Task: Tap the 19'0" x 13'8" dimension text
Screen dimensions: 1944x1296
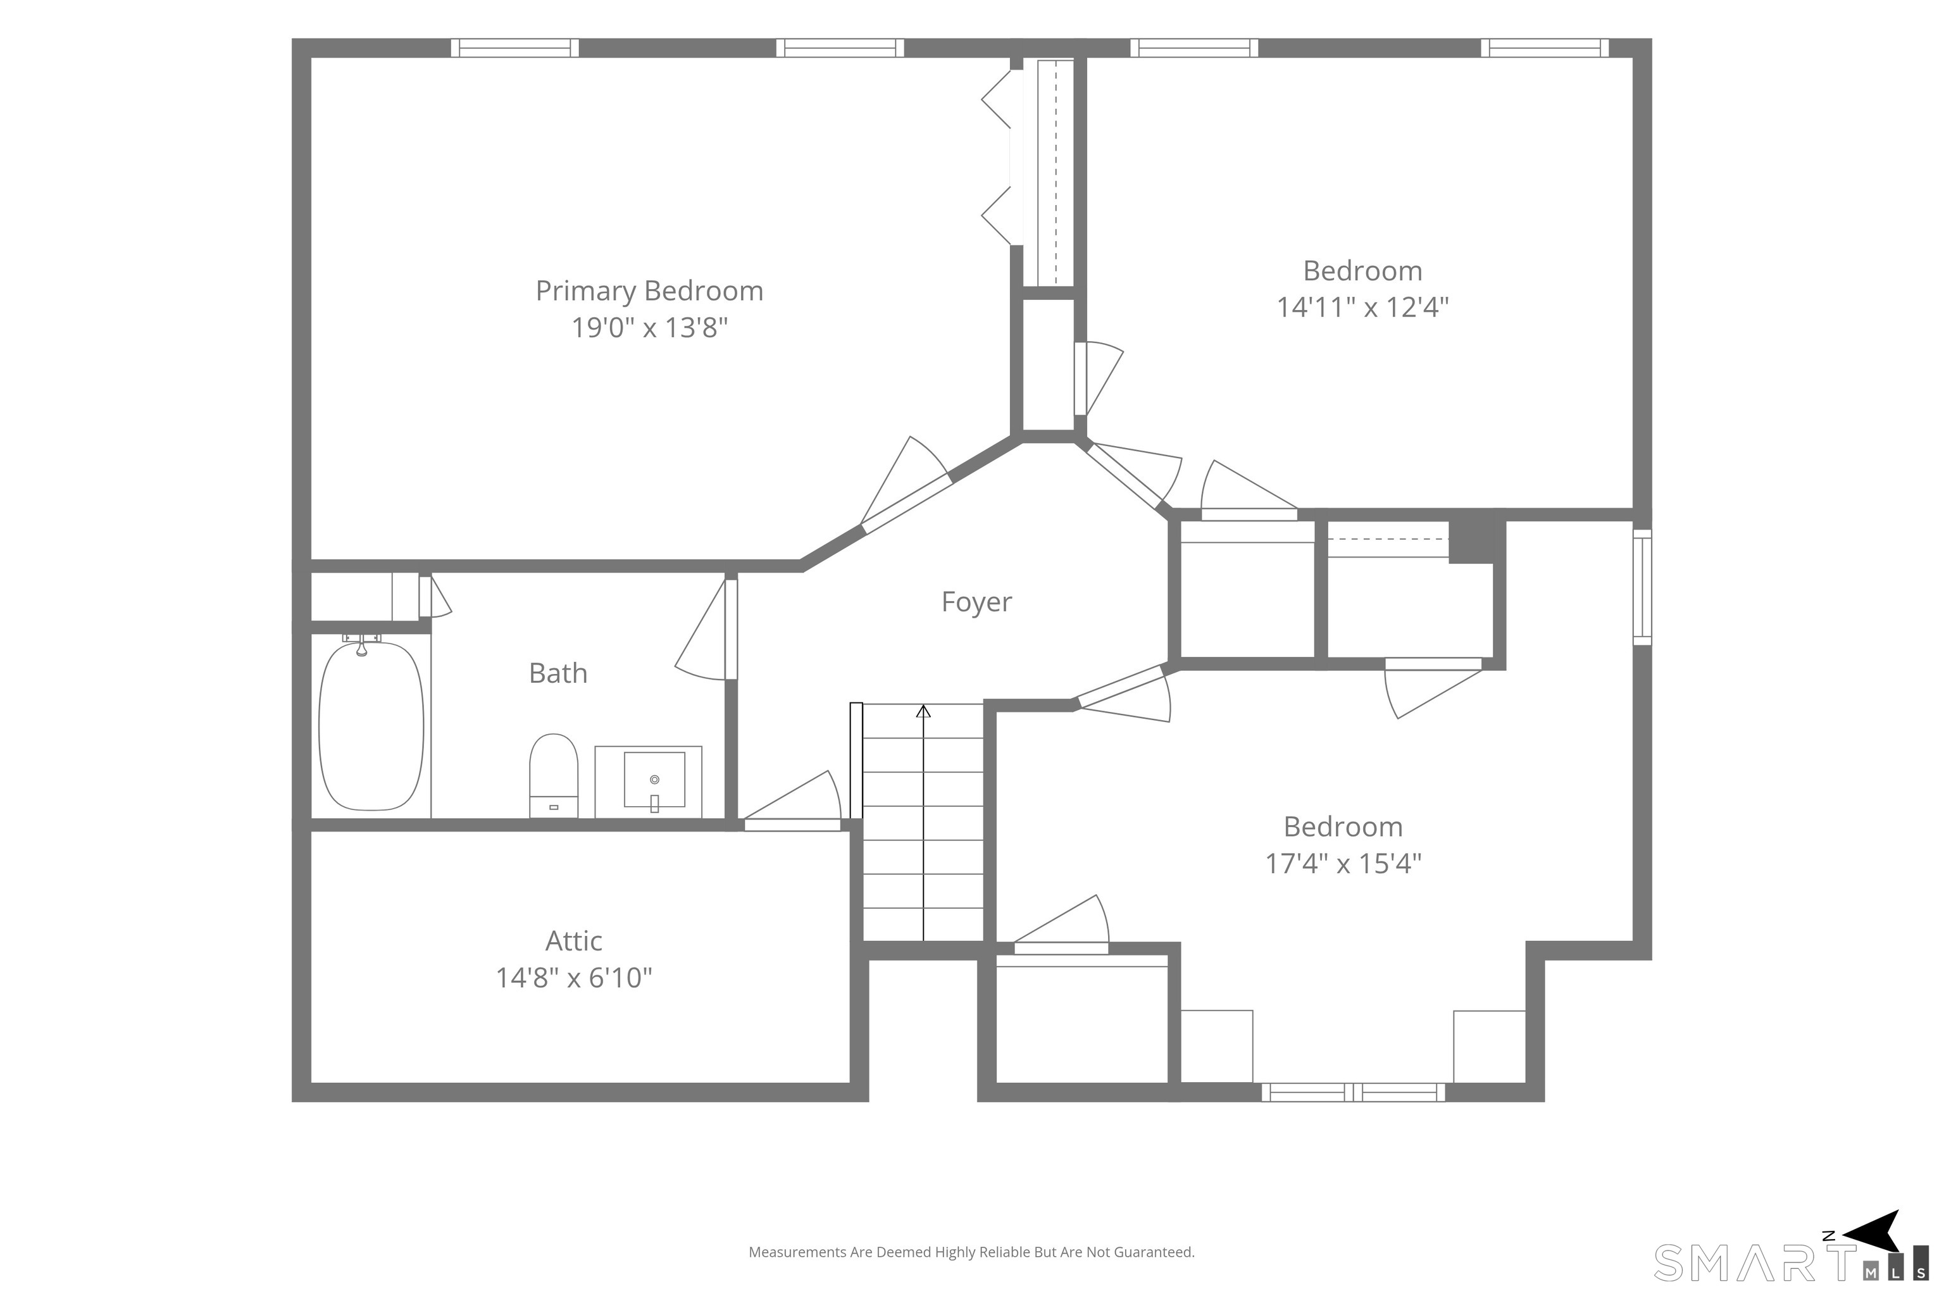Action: coord(650,328)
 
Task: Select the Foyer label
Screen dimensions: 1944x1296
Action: coord(976,602)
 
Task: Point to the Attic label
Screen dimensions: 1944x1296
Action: coord(573,940)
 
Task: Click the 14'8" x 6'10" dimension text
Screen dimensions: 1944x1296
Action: coord(573,978)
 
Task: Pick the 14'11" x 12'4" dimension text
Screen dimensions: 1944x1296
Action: coord(1363,308)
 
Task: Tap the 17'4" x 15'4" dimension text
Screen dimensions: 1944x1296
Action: coord(1343,864)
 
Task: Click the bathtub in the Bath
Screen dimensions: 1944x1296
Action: coord(371,726)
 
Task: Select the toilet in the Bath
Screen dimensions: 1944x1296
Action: coord(553,776)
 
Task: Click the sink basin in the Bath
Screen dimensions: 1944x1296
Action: coord(654,780)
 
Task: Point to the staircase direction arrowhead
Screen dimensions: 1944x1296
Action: coord(923,711)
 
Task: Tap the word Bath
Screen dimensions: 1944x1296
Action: coord(558,673)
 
